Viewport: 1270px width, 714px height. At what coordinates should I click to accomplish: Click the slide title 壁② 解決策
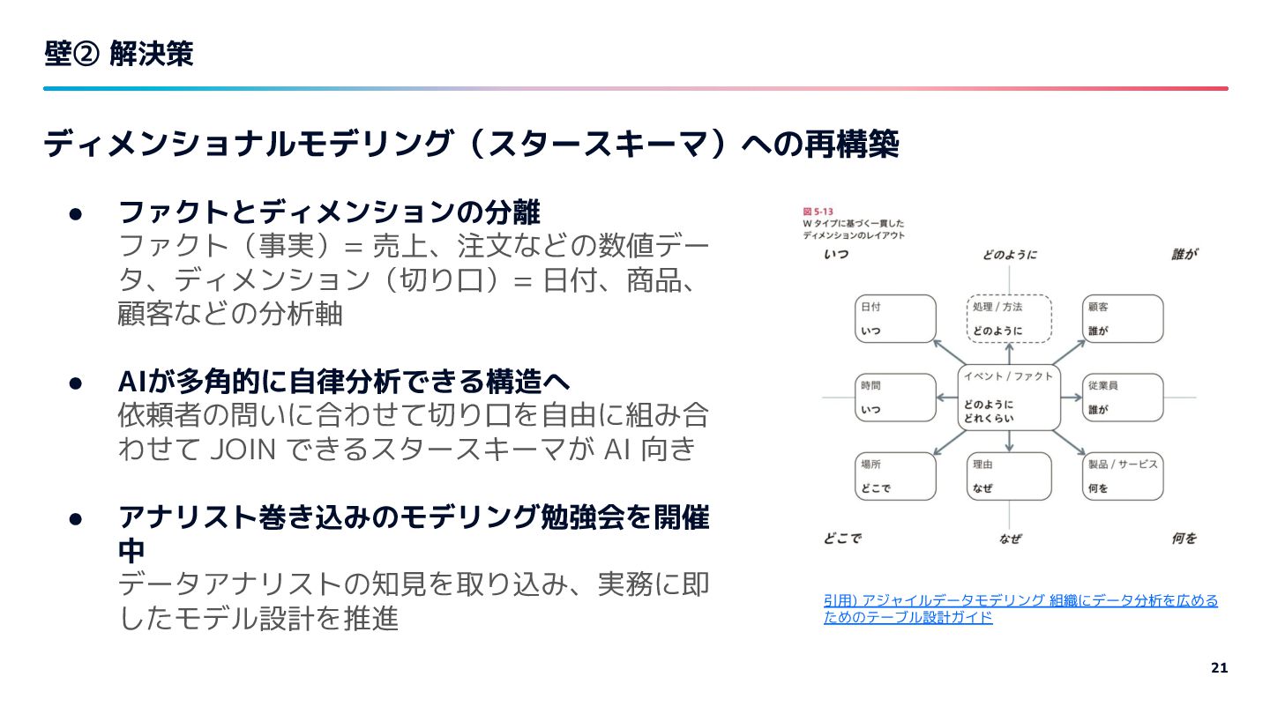coord(119,55)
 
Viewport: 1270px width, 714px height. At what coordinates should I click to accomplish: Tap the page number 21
coord(1220,667)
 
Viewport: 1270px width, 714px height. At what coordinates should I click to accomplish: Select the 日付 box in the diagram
coord(895,318)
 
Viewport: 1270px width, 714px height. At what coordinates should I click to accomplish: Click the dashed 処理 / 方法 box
coord(1009,318)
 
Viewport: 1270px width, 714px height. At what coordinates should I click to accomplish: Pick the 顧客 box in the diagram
coord(1123,318)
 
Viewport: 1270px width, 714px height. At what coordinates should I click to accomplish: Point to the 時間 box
coord(895,398)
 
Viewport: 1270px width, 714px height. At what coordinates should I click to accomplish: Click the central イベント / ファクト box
coord(1009,398)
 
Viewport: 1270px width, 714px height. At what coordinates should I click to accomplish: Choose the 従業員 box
coord(1123,398)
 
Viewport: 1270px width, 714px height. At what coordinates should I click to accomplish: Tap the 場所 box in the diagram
coord(895,476)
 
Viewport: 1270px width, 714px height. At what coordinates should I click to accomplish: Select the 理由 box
coord(1009,476)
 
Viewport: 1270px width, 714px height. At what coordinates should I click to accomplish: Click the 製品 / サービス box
coord(1123,476)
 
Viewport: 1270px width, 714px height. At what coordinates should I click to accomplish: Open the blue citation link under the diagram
coord(1020,608)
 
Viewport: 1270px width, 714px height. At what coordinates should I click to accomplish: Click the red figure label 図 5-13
coord(818,212)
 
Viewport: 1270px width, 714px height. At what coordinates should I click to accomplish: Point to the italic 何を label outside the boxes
coord(1184,538)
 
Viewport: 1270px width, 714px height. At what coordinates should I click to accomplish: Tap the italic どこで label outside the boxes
coord(843,538)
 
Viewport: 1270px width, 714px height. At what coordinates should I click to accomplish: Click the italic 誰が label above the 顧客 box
coord(1184,255)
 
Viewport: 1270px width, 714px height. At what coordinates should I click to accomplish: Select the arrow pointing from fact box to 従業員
coord(1072,398)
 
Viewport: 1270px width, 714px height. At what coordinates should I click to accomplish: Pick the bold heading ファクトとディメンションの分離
coord(329,212)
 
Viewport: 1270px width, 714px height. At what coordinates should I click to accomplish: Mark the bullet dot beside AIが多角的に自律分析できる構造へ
coord(76,383)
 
